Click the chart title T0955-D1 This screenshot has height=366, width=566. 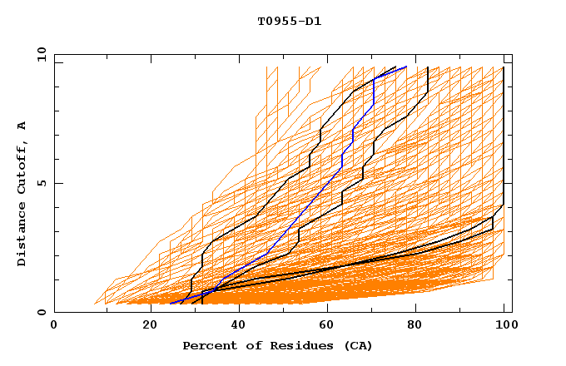[x=289, y=22]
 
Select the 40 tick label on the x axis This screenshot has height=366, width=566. [x=237, y=326]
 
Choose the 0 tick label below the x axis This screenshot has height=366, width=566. [x=54, y=326]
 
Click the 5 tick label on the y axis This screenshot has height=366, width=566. [x=41, y=183]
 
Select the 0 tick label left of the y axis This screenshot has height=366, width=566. [x=41, y=312]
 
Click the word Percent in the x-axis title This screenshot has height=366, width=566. [x=206, y=345]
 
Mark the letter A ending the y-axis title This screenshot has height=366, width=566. [x=22, y=126]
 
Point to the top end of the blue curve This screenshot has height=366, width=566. [x=406, y=67]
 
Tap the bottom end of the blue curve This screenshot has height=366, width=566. [x=171, y=304]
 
